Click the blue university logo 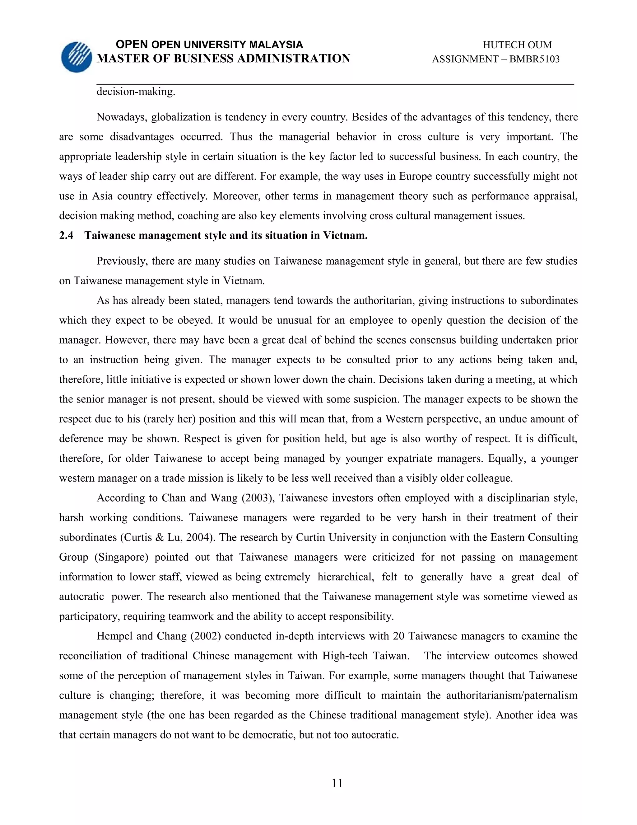click(x=77, y=57)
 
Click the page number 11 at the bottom click(x=337, y=784)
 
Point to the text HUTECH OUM click(x=517, y=45)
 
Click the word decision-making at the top click(x=136, y=92)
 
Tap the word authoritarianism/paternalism click(x=511, y=695)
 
